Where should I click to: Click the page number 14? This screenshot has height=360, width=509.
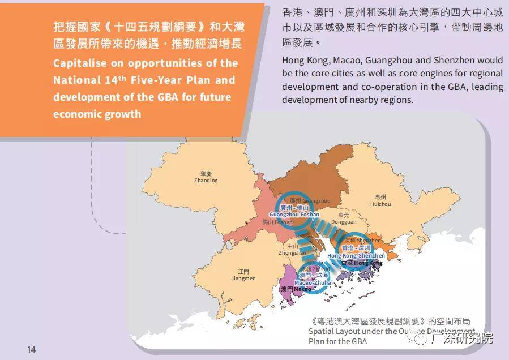(x=31, y=349)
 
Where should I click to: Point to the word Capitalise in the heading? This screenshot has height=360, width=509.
(x=79, y=63)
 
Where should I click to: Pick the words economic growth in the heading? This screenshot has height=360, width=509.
(x=97, y=114)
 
